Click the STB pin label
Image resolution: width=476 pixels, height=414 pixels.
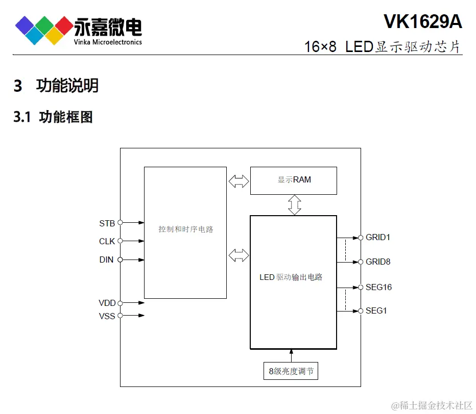click(x=107, y=223)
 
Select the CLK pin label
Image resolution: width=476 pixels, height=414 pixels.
click(x=107, y=241)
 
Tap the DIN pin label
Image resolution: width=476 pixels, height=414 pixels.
click(x=106, y=260)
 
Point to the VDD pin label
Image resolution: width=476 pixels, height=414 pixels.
click(x=107, y=303)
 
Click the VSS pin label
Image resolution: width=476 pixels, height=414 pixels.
click(x=107, y=316)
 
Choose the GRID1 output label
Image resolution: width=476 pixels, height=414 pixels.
click(x=378, y=238)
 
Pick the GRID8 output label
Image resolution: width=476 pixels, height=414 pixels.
click(x=378, y=262)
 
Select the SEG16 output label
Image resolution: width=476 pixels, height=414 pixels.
click(x=378, y=288)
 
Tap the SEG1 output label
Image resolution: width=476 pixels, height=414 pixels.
click(x=376, y=310)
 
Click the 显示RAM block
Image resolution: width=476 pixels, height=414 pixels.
click(x=294, y=180)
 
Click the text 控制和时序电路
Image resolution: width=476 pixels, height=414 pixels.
click(x=185, y=229)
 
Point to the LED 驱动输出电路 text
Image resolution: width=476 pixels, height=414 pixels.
click(x=291, y=277)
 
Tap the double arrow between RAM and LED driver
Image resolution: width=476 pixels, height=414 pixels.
click(x=295, y=205)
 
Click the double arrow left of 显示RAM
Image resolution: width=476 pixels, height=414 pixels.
click(x=239, y=181)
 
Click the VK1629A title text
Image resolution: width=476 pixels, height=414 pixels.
click(x=422, y=21)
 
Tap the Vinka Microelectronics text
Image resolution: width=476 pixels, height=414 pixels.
click(x=108, y=42)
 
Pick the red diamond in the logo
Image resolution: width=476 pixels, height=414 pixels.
click(x=64, y=24)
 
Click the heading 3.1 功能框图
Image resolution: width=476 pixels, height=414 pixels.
click(x=54, y=117)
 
